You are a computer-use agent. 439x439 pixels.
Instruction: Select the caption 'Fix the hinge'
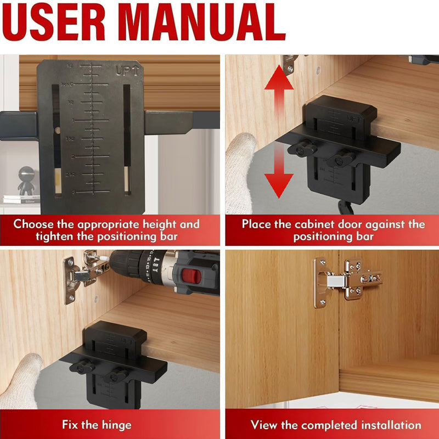tap(95, 425)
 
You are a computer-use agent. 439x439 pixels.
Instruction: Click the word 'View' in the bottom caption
tap(265, 425)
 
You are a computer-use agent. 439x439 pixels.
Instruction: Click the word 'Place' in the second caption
tap(257, 224)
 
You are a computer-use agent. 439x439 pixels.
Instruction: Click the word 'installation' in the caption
tap(391, 425)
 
